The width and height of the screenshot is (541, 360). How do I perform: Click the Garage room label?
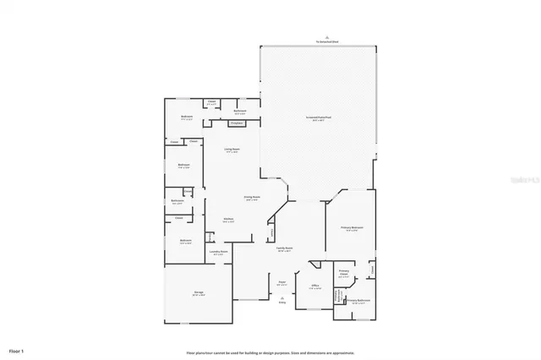(199, 292)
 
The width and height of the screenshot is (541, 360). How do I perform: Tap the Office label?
(314, 286)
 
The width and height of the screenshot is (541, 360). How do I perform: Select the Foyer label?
(282, 283)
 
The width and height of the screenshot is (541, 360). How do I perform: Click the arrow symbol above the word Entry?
(282, 297)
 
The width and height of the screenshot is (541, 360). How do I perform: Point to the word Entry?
(282, 302)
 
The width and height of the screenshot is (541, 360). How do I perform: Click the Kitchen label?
(228, 219)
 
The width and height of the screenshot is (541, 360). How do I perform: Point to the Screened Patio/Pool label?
(318, 118)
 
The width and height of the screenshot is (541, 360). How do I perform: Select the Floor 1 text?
(17, 350)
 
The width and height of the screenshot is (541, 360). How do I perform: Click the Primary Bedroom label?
(352, 228)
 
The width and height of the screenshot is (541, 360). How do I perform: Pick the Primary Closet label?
(344, 273)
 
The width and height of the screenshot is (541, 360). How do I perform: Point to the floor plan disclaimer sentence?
(270, 352)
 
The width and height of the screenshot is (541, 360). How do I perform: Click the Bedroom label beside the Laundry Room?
(186, 241)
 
